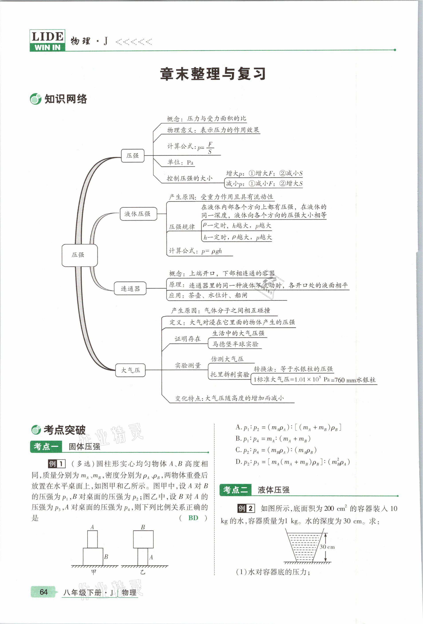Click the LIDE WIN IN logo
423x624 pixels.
click(x=47, y=40)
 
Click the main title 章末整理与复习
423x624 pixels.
click(x=213, y=74)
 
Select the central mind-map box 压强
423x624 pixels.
click(x=79, y=255)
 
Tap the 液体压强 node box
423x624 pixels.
click(x=138, y=214)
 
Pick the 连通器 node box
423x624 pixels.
click(x=130, y=289)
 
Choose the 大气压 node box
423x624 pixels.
click(x=130, y=370)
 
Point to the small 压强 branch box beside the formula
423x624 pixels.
click(x=132, y=156)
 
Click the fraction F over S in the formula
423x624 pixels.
click(x=210, y=148)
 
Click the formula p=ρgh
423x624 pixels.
click(x=212, y=251)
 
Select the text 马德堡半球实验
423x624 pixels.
click(x=235, y=344)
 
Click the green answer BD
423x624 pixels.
click(x=193, y=518)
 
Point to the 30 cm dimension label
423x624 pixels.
click(x=327, y=547)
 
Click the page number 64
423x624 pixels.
click(x=43, y=592)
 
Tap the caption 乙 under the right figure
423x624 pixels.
click(x=143, y=572)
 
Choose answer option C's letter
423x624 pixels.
click(x=238, y=450)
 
